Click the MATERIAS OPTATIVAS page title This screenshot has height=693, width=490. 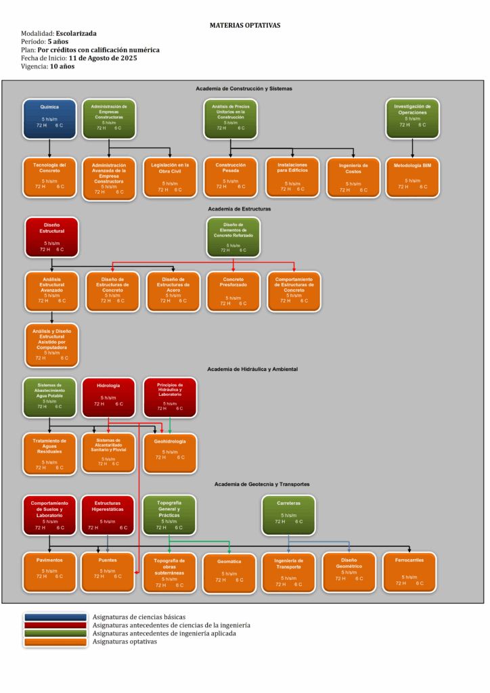coord(245,25)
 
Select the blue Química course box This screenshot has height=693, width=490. coord(49,118)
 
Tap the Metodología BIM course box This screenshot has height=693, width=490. coord(412,177)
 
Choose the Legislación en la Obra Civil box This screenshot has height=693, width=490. coord(170,177)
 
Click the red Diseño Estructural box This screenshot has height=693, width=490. coord(51,237)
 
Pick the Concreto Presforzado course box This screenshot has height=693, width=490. coord(233,291)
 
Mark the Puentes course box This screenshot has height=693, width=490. coord(107,573)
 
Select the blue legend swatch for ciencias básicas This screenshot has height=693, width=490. coord(55,617)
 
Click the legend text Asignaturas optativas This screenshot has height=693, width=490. coord(125,642)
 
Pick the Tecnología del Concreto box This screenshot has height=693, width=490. coord(49,177)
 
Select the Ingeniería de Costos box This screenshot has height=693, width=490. coord(353,177)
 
